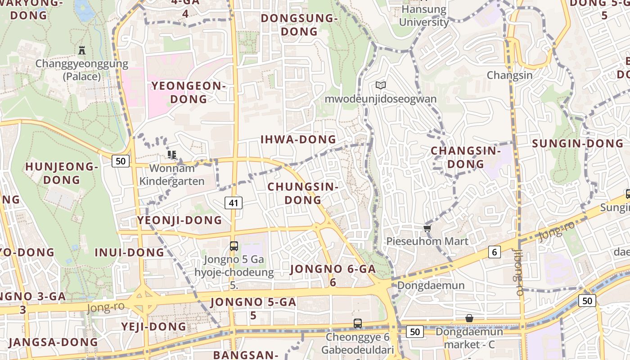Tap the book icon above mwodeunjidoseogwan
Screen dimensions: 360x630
point(381,85)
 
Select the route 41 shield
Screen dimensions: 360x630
point(233,203)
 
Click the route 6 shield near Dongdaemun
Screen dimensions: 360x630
point(495,252)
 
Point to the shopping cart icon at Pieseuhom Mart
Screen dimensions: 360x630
point(427,229)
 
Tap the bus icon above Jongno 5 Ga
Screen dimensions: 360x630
point(234,246)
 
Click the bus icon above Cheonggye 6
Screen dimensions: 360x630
point(357,323)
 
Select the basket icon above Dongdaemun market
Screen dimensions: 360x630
point(469,318)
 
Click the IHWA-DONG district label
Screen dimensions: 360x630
point(298,139)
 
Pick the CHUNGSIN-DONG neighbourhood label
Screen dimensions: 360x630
point(302,193)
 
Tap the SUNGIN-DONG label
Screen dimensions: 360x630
point(578,144)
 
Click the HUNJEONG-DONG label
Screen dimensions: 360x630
point(61,173)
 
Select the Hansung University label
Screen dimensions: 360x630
point(424,16)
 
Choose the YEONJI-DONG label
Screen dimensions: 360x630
point(180,220)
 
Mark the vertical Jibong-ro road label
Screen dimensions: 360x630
point(518,272)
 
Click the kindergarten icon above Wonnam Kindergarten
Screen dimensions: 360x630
point(171,155)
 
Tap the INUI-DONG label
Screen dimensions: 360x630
point(129,252)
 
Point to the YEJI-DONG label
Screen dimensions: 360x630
point(153,326)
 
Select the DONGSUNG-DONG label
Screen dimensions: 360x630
point(299,25)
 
